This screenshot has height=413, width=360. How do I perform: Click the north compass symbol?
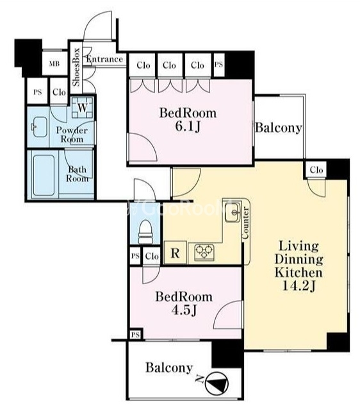(217, 383)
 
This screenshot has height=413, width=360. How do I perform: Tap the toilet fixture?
(145, 232)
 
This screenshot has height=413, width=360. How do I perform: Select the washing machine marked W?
(83, 108)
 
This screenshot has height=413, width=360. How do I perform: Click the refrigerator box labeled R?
(175, 253)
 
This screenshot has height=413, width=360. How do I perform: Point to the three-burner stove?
(204, 252)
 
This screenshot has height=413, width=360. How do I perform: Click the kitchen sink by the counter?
(233, 212)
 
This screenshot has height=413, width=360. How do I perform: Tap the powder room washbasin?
(39, 127)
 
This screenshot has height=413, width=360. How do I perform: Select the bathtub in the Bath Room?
(44, 175)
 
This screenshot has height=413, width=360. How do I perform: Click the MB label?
(54, 63)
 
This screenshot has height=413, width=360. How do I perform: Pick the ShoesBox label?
(76, 67)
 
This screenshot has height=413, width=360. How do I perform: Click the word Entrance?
(105, 59)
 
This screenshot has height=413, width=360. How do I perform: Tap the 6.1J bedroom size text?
(188, 127)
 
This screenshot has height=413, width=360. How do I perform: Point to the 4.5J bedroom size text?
(184, 310)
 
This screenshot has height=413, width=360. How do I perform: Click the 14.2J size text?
(299, 285)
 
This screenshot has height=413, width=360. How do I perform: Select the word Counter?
(245, 223)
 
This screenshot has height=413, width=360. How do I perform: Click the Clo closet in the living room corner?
(316, 169)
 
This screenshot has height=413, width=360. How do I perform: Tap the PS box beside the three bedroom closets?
(218, 65)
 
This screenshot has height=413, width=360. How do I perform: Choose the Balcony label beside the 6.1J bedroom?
(279, 128)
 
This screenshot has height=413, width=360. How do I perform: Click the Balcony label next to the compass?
(169, 367)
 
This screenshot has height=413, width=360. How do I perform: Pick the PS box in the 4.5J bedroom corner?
(135, 335)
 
